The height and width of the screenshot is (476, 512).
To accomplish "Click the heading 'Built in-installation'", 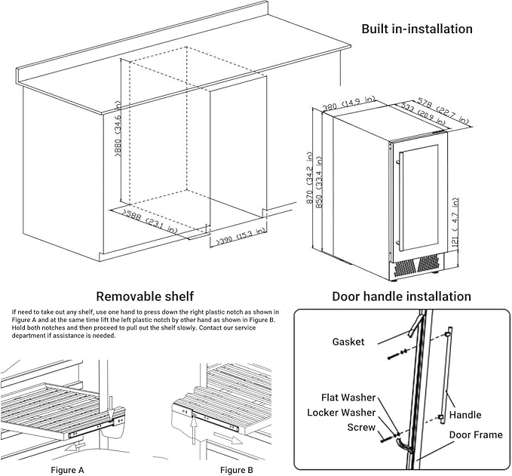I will pyautogui.click(x=416, y=29).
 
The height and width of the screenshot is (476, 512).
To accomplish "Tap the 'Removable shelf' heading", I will pyautogui.click(x=144, y=296).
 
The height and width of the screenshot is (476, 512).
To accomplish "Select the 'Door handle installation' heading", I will pyautogui.click(x=401, y=296).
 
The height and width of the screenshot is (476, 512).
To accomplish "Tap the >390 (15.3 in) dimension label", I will pyautogui.click(x=241, y=237).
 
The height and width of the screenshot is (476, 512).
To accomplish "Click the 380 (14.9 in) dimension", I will pyautogui.click(x=349, y=104).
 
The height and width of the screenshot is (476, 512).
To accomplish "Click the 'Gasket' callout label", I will pyautogui.click(x=348, y=342).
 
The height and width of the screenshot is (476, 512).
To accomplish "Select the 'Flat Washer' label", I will pyautogui.click(x=339, y=398).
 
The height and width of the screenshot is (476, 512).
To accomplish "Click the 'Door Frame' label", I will pyautogui.click(x=476, y=435).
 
